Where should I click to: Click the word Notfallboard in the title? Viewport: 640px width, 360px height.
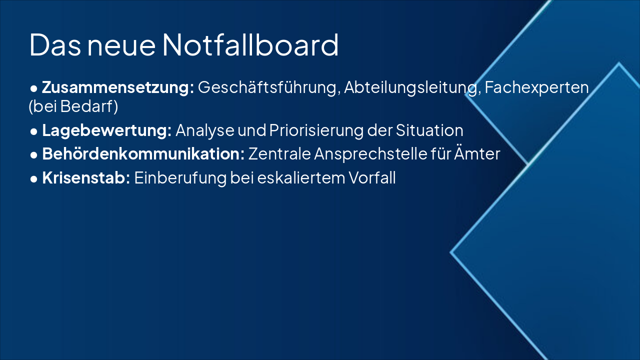point(250,45)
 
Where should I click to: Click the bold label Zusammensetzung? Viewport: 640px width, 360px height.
point(118,87)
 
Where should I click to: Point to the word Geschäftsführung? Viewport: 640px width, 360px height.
point(269,87)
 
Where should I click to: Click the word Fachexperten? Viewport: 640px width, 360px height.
point(536,87)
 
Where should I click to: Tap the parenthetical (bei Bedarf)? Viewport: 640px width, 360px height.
point(73,107)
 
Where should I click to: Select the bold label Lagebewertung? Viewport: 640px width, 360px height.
point(106,130)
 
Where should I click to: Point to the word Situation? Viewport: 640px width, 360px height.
point(429,130)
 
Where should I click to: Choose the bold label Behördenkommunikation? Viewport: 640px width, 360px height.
point(143,154)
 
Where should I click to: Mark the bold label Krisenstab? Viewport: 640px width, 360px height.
point(86,178)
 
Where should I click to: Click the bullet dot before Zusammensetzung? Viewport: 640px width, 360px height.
point(34,88)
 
